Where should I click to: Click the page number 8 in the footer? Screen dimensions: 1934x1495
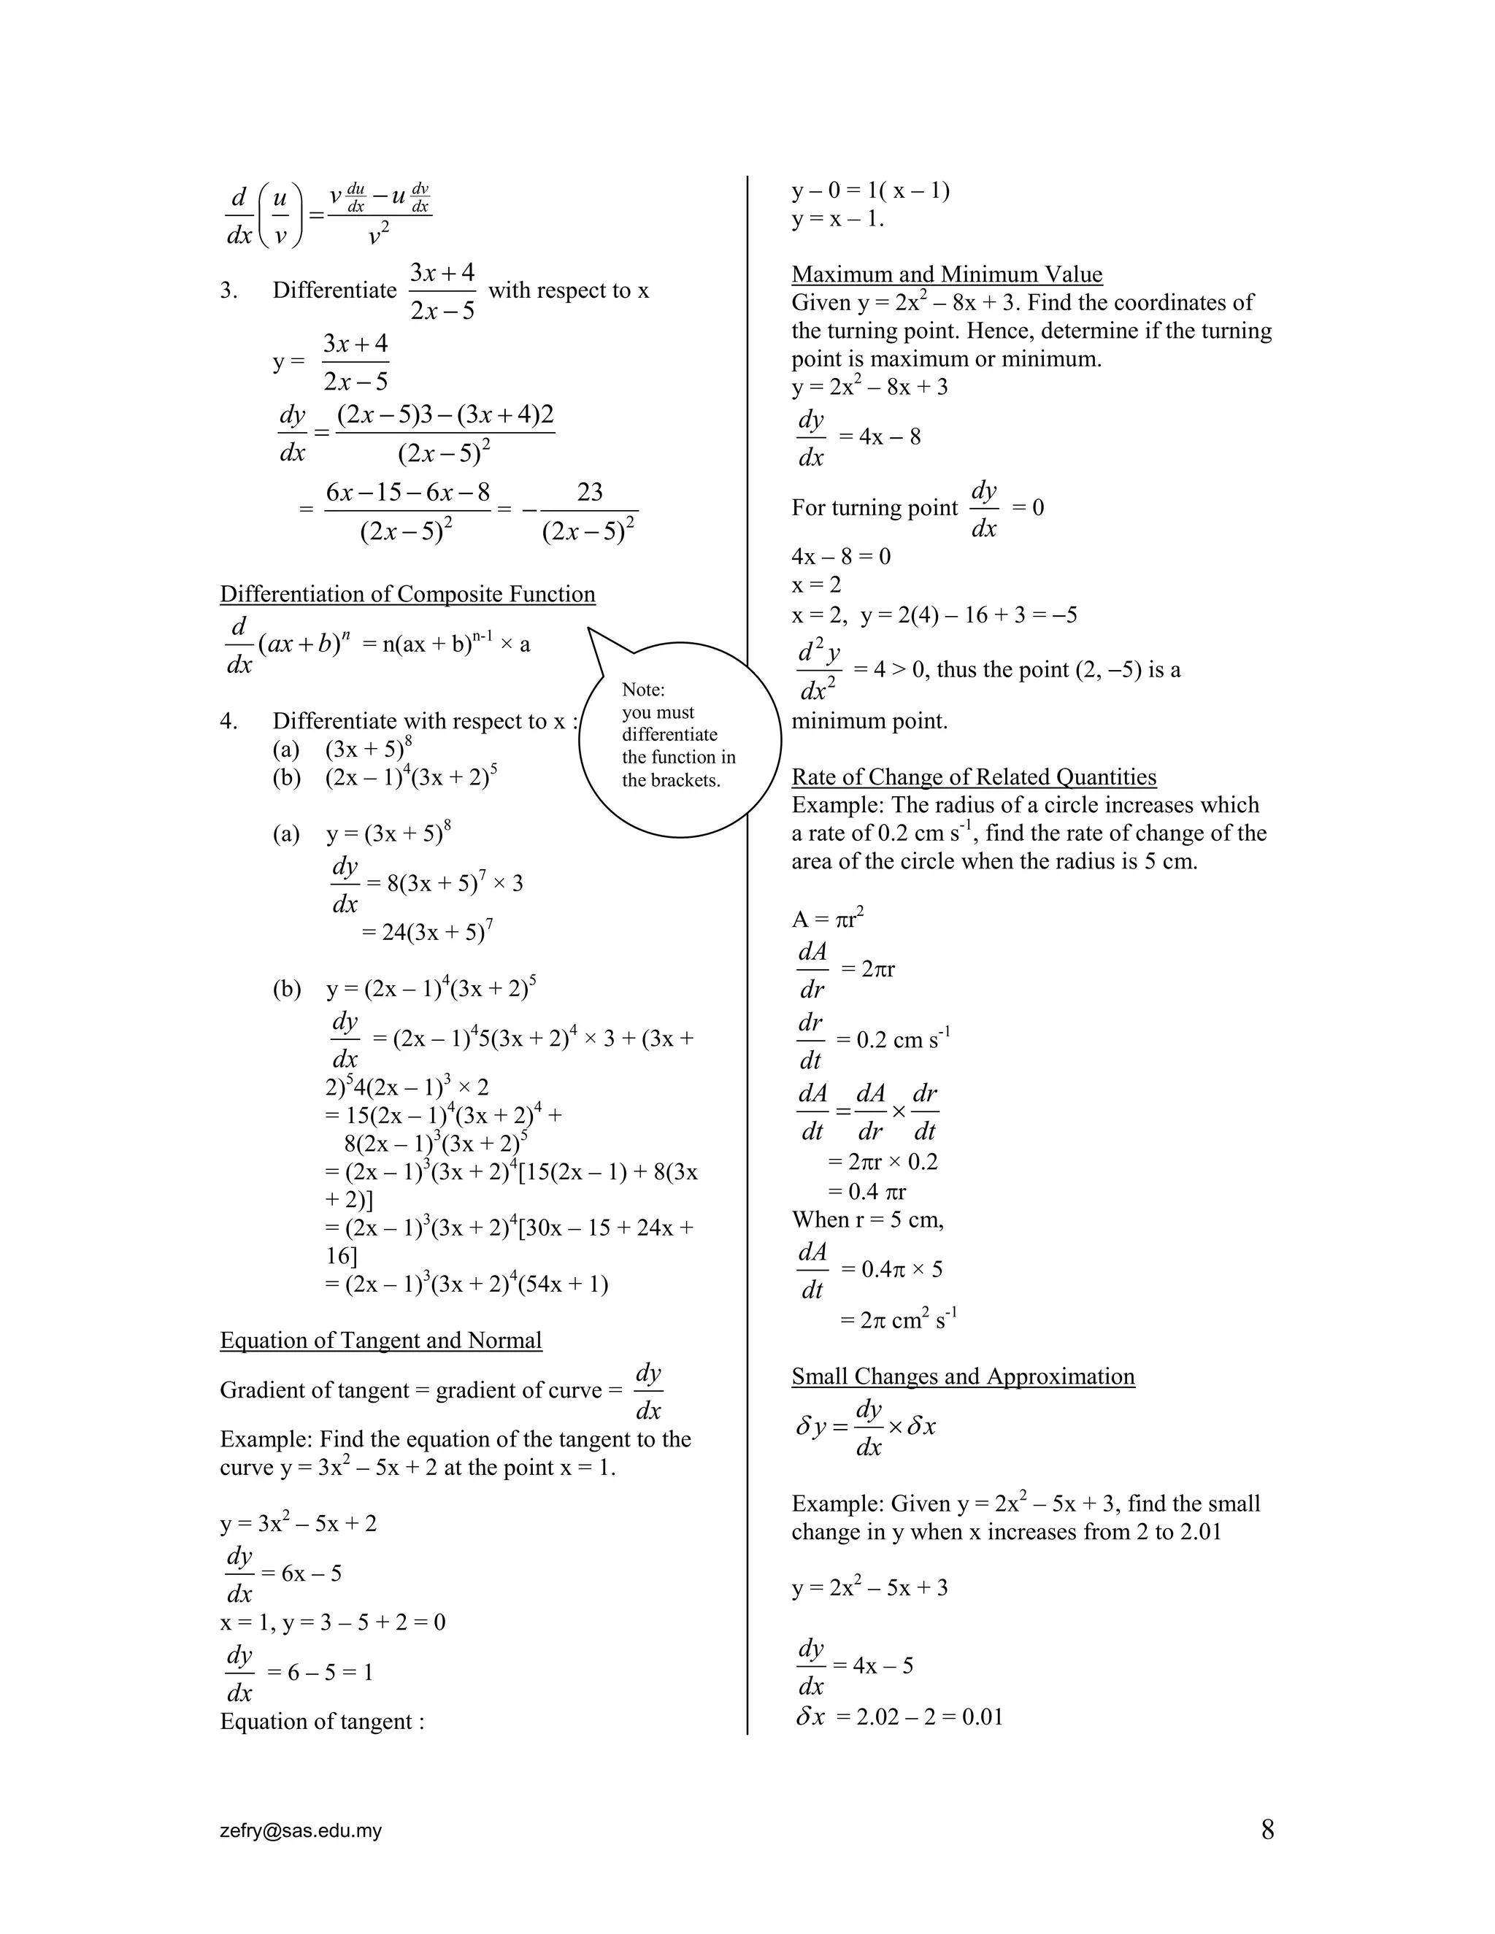[x=1267, y=1830]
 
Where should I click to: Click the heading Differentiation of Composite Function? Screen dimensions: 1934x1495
[x=407, y=594]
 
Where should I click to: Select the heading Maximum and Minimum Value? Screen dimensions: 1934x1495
[x=947, y=274]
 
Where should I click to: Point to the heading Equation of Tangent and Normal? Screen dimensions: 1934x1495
[x=381, y=1340]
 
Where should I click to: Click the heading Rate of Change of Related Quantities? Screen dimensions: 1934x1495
[x=973, y=777]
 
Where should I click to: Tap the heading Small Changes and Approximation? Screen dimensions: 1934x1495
[x=963, y=1376]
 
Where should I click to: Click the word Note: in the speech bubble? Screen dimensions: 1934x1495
[x=643, y=690]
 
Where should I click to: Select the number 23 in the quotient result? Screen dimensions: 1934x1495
[x=589, y=493]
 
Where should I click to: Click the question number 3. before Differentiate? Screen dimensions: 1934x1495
[x=228, y=290]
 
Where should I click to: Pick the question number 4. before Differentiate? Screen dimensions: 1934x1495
[x=228, y=721]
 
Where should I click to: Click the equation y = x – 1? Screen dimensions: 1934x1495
[x=837, y=219]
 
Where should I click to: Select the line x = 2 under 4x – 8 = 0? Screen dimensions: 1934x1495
[x=815, y=585]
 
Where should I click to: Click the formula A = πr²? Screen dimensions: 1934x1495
[x=827, y=918]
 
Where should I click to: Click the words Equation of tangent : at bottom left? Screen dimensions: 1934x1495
[x=321, y=1722]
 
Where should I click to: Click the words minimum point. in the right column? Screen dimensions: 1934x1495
[x=869, y=721]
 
